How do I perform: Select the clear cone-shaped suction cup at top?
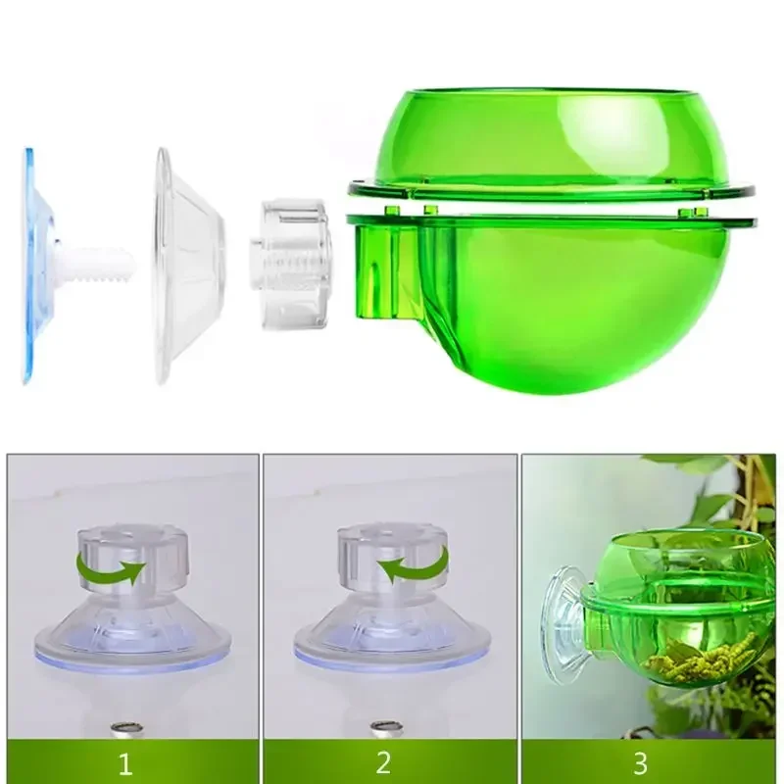point(186,265)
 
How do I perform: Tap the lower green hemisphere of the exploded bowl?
point(568,304)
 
